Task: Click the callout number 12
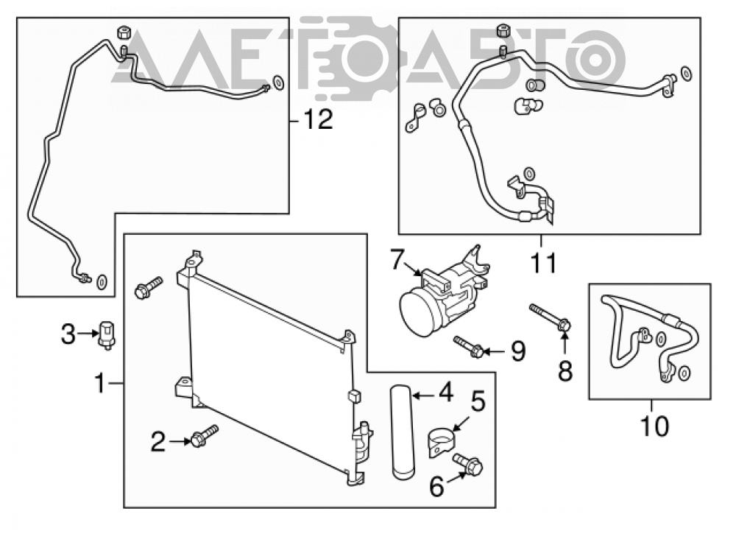pos(319,120)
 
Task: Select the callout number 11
pos(544,263)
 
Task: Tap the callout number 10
pos(654,426)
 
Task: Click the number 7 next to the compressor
pos(397,260)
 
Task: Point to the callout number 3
pos(68,335)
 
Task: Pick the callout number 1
pos(99,383)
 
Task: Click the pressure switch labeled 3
pos(107,335)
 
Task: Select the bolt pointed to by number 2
pos(204,436)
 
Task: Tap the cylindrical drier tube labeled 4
pos(403,432)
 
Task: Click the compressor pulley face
pos(417,313)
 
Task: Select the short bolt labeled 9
pos(468,347)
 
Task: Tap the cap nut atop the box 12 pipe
pos(124,32)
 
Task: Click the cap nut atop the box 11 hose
pos(503,30)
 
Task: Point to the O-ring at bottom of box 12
pos(102,282)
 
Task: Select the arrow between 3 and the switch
pos(88,334)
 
